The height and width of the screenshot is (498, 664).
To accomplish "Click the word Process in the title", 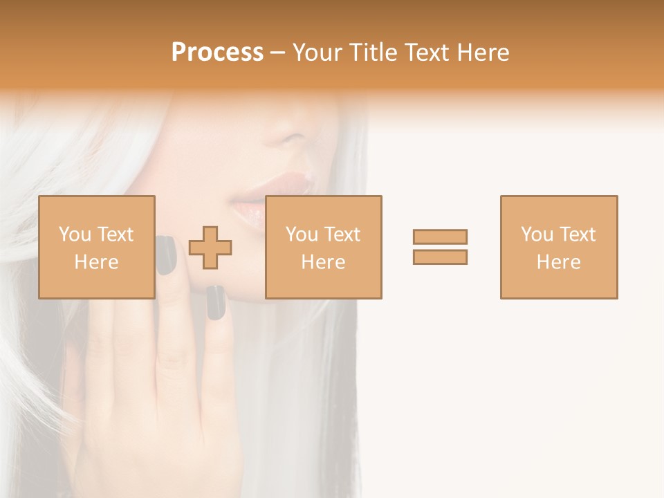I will (217, 53).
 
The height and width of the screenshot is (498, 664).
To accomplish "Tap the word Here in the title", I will (482, 53).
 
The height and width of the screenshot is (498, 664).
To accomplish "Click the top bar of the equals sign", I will (440, 237).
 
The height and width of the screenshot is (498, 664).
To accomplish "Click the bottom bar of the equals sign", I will (440, 257).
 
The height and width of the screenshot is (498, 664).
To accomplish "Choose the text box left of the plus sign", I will (97, 248).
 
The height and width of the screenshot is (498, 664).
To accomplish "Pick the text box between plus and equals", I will (324, 248).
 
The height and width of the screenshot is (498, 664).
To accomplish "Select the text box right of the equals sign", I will (559, 248).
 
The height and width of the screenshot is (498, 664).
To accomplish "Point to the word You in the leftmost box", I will (75, 234).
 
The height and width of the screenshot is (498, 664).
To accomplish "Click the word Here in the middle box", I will (324, 262).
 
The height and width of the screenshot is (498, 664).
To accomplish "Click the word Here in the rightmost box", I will (559, 262).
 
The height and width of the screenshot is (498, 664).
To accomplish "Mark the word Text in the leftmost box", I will (115, 234).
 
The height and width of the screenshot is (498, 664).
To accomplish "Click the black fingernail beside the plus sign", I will (216, 303).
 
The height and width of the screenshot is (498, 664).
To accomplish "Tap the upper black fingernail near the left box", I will (166, 255).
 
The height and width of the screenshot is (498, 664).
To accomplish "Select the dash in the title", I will (278, 53).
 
